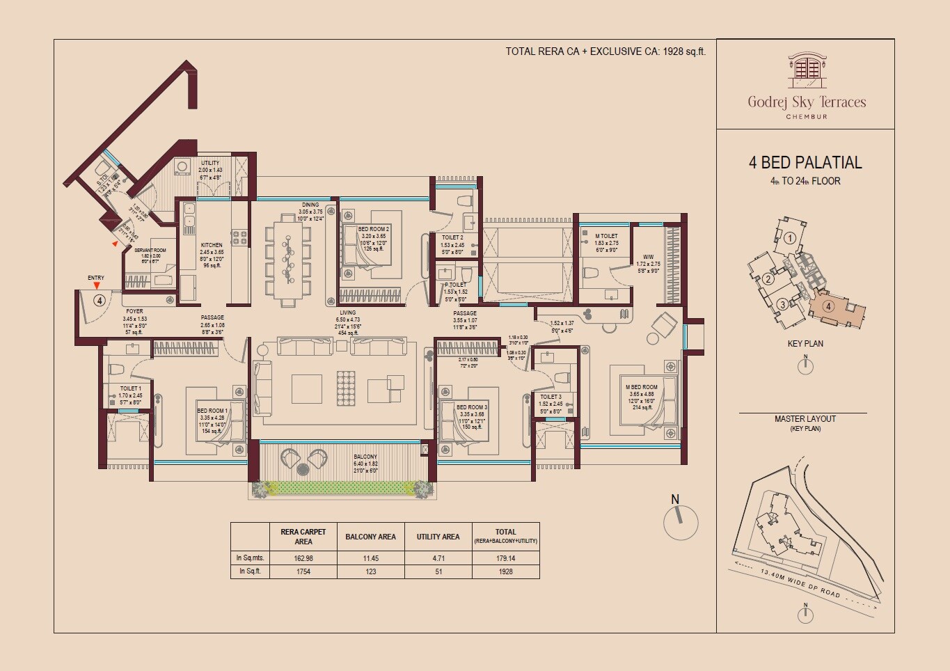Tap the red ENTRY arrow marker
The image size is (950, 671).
coord(96,285)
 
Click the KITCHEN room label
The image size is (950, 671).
coord(212,245)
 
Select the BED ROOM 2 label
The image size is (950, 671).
coord(373,229)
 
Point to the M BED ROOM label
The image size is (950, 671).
coord(641,387)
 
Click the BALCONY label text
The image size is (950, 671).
coord(365,457)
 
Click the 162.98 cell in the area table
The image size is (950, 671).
coord(303,558)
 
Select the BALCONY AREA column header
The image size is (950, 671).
coord(370,537)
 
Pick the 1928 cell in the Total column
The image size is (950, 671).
coord(505,571)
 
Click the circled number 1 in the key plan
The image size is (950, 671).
coord(789,238)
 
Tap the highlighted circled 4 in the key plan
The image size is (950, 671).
coord(828,306)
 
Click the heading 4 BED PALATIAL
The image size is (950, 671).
coord(805,163)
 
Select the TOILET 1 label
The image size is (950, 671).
coord(130,388)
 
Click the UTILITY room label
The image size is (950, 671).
coord(209,163)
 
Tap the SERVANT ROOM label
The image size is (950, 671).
coord(150,250)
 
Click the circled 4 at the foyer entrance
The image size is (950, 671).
coord(100,301)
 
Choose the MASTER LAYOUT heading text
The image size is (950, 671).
coord(805,419)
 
